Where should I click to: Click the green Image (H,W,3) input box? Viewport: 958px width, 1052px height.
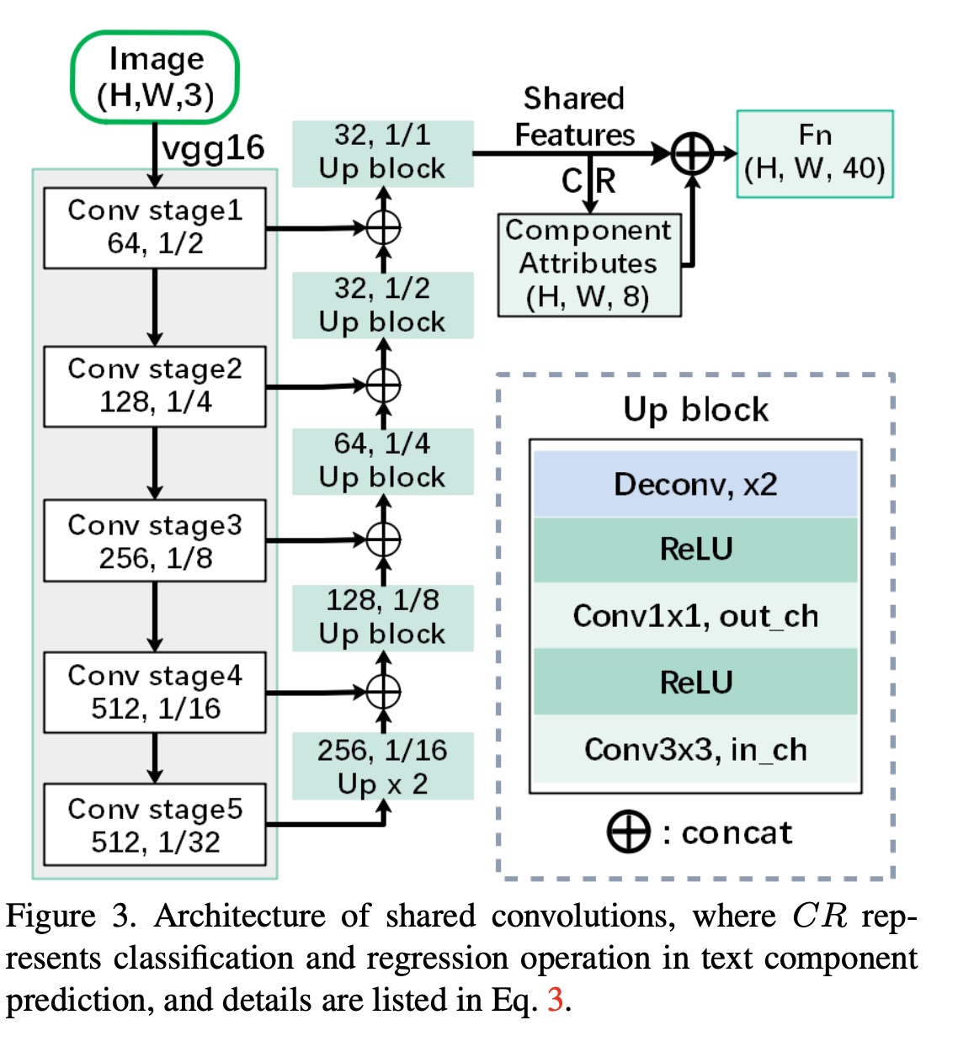[x=155, y=77]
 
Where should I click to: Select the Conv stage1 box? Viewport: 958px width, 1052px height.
[x=155, y=227]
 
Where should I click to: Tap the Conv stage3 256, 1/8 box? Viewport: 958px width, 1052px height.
[x=155, y=541]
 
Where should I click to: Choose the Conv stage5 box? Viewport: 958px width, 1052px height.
[x=155, y=825]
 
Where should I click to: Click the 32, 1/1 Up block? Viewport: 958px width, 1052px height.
[x=382, y=152]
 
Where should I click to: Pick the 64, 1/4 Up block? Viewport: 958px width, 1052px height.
[x=382, y=461]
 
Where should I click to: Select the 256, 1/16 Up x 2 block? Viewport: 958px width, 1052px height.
[x=382, y=767]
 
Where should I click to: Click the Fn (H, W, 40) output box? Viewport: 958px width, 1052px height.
[x=814, y=153]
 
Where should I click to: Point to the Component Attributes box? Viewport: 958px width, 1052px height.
[x=589, y=264]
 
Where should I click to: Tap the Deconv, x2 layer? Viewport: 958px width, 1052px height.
[x=695, y=485]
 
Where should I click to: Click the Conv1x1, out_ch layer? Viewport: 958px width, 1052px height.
[x=695, y=616]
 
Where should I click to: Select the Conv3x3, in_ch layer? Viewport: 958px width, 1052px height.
[x=695, y=749]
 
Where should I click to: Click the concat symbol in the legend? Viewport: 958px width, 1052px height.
[x=628, y=832]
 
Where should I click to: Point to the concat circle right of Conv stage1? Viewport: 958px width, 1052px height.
[x=383, y=227]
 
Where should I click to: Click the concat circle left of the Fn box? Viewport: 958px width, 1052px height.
[x=692, y=154]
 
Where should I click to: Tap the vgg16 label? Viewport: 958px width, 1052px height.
[x=213, y=148]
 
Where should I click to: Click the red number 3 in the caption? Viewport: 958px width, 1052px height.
[x=555, y=1000]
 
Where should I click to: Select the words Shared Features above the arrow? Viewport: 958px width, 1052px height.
[x=574, y=116]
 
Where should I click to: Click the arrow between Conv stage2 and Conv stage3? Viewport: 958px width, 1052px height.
[x=155, y=463]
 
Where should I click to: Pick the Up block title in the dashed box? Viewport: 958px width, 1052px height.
[x=695, y=410]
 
